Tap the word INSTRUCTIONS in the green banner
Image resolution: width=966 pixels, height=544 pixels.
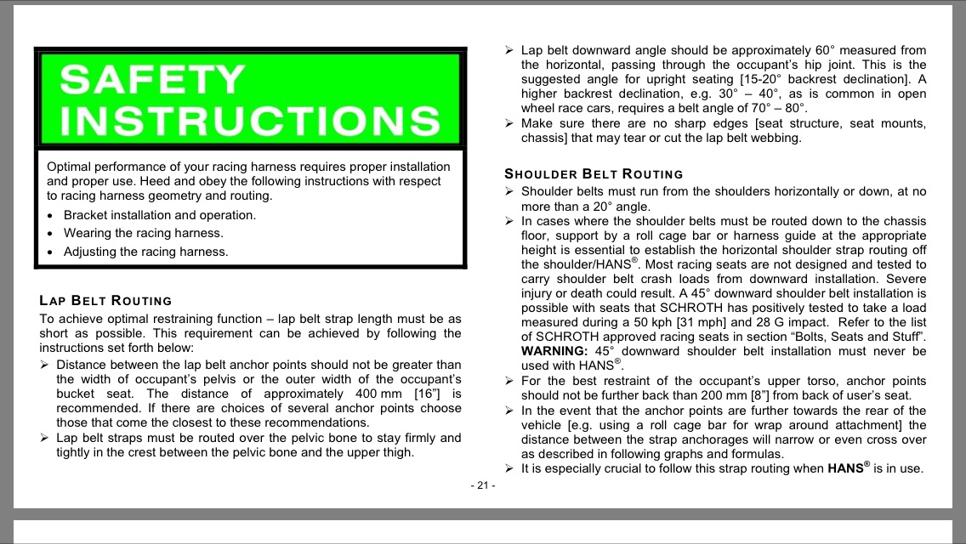pos(251,122)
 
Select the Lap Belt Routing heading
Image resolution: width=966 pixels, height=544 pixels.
pos(105,300)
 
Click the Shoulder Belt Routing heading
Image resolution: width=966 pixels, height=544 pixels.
pos(594,174)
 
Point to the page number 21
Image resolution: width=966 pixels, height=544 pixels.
pos(482,485)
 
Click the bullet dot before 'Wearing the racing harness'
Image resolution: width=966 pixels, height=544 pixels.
pos(52,233)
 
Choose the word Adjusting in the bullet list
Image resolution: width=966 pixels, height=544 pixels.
pos(91,252)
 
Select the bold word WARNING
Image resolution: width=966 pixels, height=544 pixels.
pos(554,350)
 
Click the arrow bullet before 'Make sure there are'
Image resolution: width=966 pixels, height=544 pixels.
pos(509,123)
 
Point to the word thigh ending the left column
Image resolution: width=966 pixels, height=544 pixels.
pos(396,452)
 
